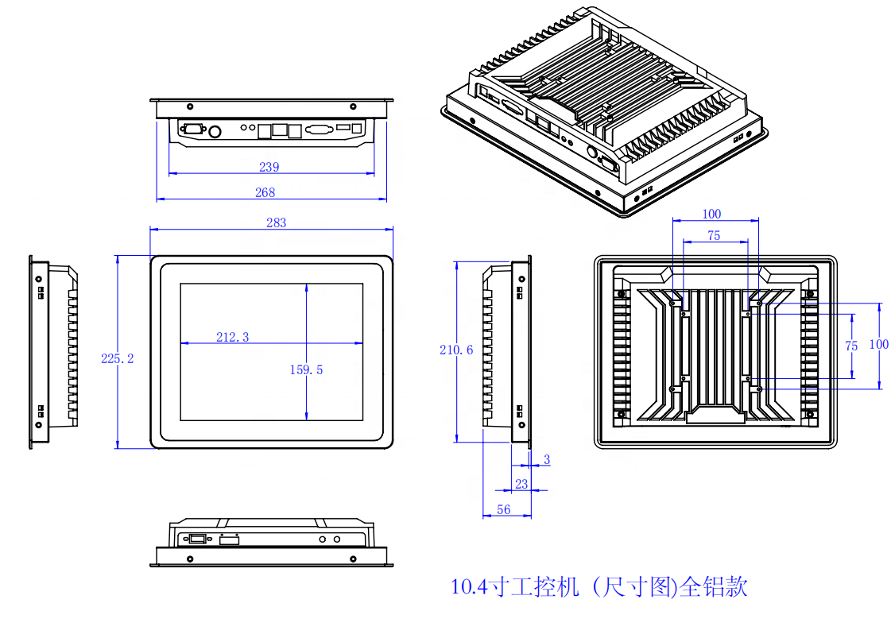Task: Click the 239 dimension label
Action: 269,168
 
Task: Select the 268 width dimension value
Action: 265,192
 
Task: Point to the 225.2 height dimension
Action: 118,359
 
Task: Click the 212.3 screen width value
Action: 233,337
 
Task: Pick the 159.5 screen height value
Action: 306,369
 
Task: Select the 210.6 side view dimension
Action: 457,350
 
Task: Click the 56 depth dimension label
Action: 504,510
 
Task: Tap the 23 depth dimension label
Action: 522,483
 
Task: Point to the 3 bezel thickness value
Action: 547,460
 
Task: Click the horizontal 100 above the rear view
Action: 711,214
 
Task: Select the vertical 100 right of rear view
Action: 878,344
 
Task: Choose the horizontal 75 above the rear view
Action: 714,236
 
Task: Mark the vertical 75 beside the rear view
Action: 851,346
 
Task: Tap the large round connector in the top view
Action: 215,130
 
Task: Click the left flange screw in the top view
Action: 189,106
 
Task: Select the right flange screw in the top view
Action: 354,106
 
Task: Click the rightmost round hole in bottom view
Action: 337,540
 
